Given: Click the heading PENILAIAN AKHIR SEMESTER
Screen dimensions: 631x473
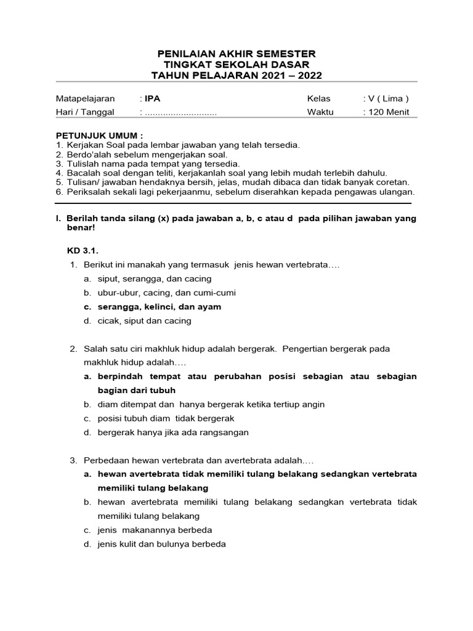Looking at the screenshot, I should pos(236,54).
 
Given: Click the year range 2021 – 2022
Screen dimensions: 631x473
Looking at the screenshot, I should pos(289,76).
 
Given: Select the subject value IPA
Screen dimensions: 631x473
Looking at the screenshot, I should pos(152,99).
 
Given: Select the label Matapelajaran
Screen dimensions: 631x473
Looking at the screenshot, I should pos(86,99).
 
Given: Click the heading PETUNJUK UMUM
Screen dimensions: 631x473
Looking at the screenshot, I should pos(99,135).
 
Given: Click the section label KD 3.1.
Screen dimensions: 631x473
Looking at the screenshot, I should pos(83,251).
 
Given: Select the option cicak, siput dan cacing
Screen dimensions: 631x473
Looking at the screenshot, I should pos(144,321).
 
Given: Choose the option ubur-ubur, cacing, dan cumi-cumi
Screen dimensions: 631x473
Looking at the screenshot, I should pos(166,293).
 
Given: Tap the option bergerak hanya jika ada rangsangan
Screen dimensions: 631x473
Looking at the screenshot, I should pos(173,433).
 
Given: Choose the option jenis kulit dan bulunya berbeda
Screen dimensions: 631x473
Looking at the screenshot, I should pos(161,544).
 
